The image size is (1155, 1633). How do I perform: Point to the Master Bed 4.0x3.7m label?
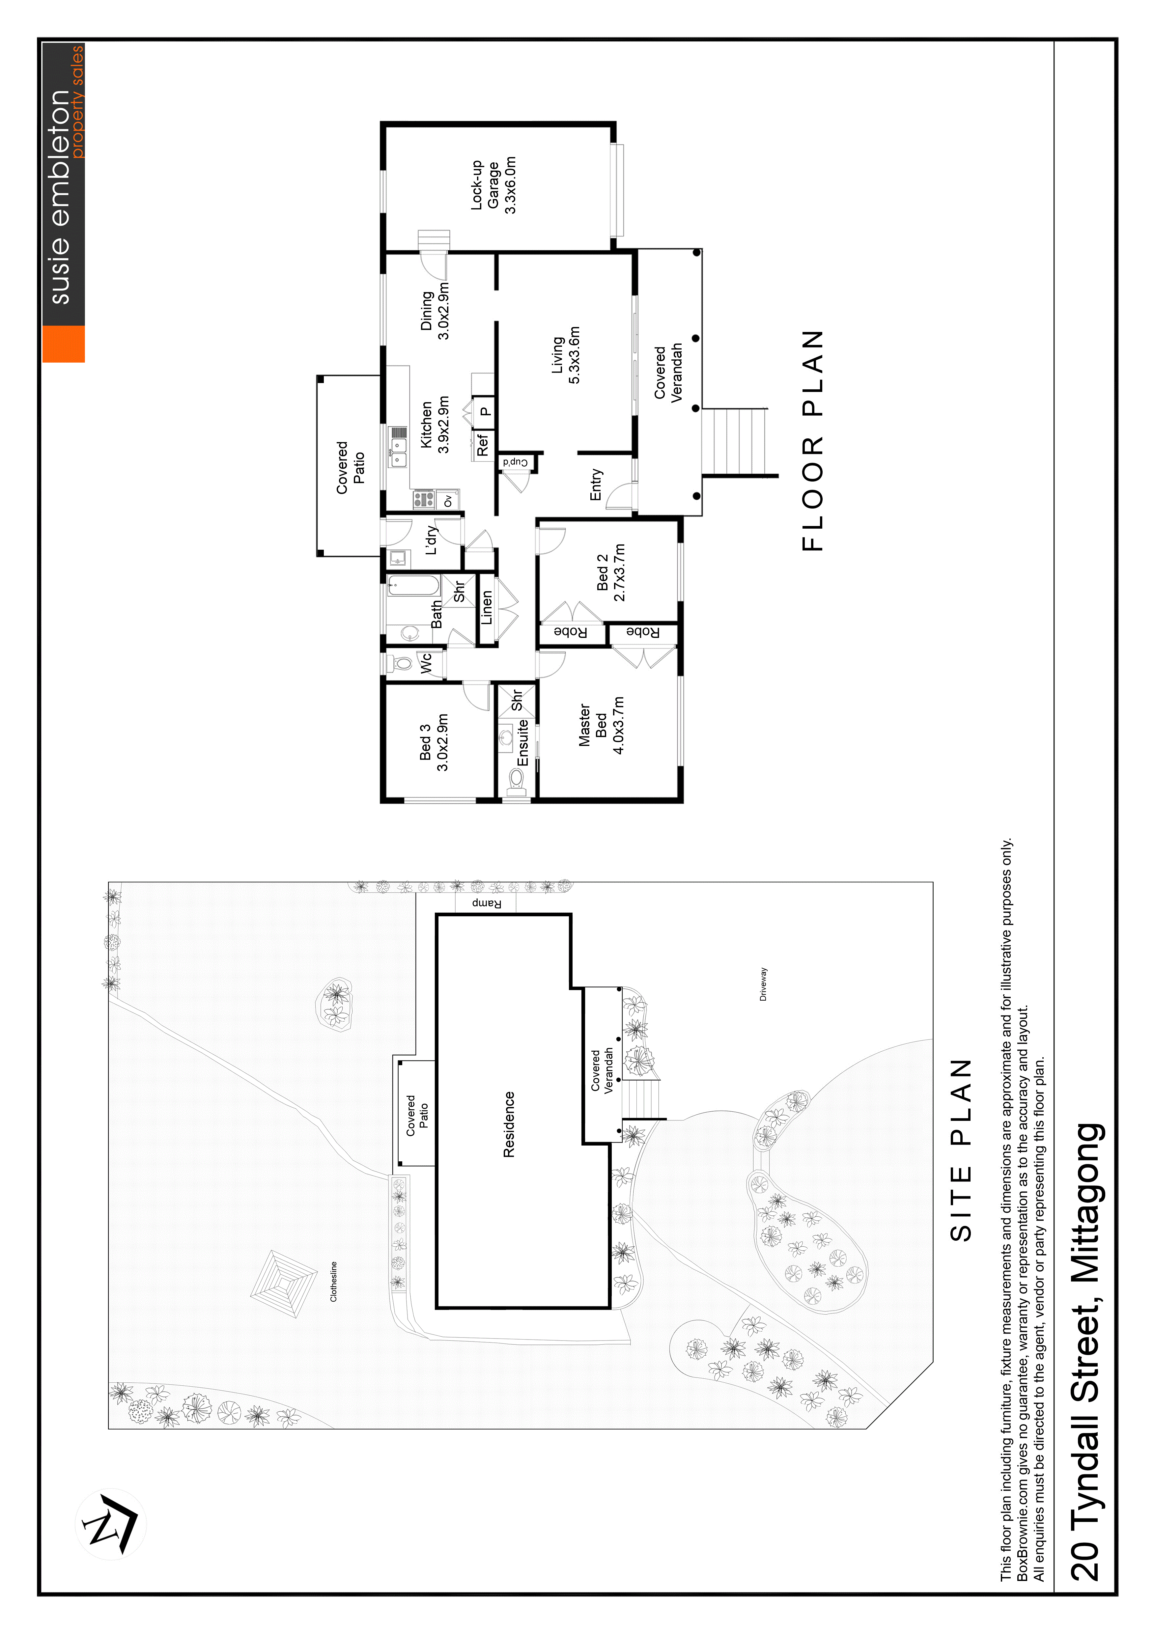pos(602,726)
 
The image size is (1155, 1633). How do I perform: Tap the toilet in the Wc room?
pos(401,664)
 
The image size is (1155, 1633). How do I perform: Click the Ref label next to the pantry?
pos(484,445)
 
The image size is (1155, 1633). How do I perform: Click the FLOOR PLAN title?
pos(812,441)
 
